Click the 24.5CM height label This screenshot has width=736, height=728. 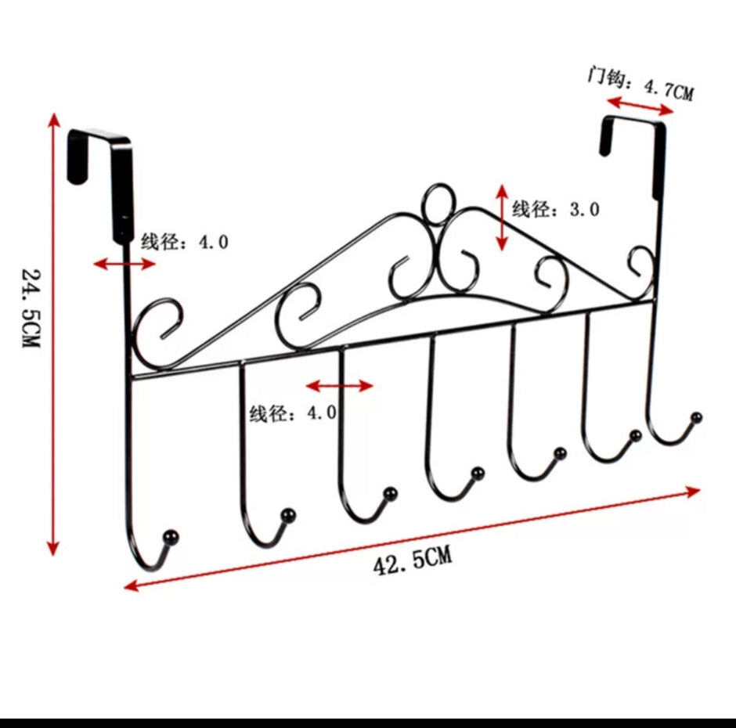pos(31,308)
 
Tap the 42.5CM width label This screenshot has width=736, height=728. pos(413,560)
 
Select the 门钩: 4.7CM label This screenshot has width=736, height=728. pos(640,84)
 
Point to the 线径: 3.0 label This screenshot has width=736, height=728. pos(556,209)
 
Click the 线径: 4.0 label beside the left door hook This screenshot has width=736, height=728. pos(185,242)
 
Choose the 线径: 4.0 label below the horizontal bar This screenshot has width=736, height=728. pos(293,413)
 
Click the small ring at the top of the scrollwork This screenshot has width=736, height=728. pos(438,204)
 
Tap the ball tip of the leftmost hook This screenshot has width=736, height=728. pos(170,537)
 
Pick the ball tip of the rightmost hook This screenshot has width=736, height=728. pos(697,417)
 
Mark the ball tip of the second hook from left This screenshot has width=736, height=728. pos(288,515)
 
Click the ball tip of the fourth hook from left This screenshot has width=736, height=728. pos(478,474)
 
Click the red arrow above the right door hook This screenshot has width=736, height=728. pos(640,106)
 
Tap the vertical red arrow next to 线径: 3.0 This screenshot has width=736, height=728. pos(502,218)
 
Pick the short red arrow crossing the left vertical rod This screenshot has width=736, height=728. pos(124,264)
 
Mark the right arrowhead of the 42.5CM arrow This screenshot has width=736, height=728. pos(694,492)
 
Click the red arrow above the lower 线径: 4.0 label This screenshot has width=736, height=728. pos(339,386)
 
